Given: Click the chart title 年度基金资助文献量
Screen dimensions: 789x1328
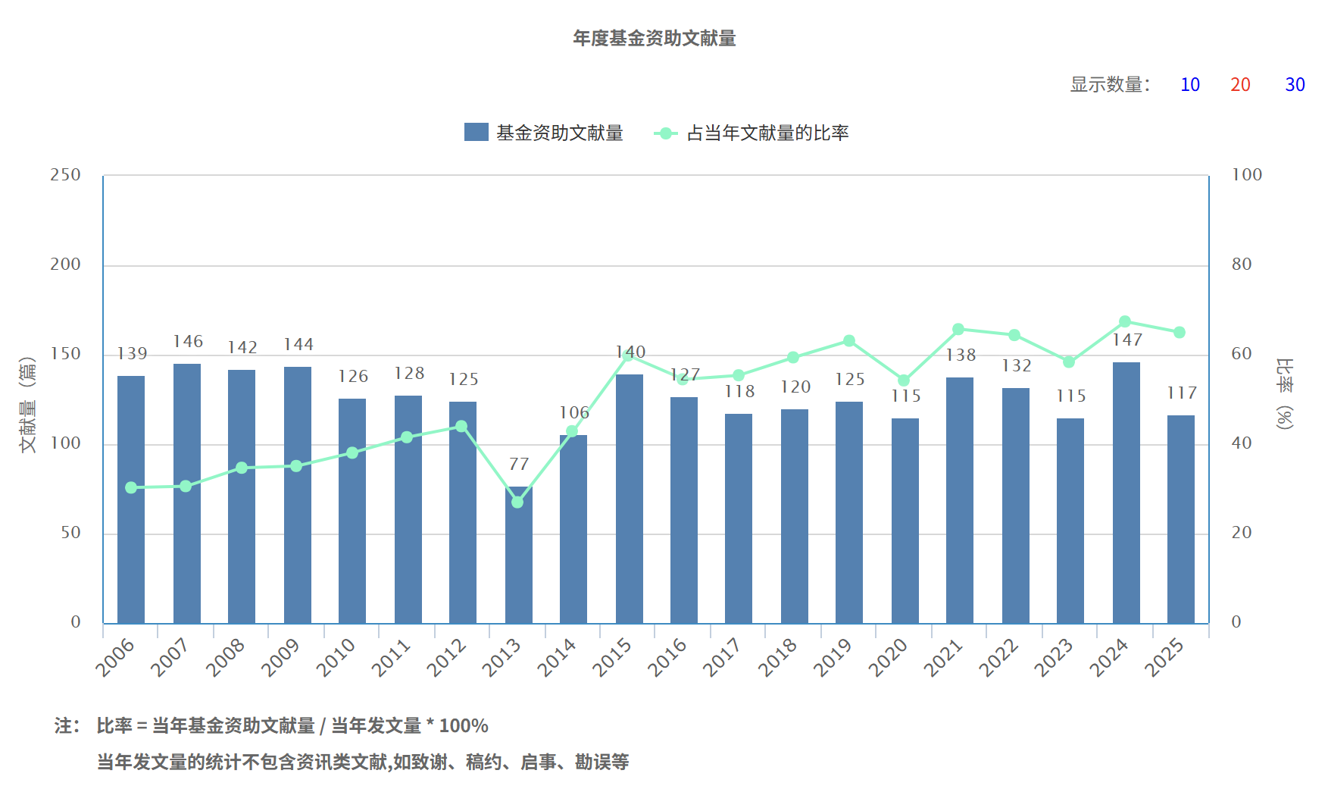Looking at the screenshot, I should (655, 38).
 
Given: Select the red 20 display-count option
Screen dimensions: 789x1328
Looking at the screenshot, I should (1240, 85).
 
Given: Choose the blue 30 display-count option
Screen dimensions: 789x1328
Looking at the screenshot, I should (1295, 85).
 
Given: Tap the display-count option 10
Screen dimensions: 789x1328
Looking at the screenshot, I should (1190, 85).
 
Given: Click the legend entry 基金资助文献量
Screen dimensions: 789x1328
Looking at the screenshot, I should (544, 133).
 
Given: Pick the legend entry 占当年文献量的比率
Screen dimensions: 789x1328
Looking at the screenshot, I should (751, 133).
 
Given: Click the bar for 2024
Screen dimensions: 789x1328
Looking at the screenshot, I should (1126, 493).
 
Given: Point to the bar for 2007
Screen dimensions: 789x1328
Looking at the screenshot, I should (187, 493).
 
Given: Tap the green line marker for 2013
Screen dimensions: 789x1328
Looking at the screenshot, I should (517, 502).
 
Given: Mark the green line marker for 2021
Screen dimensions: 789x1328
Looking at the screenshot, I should (958, 329).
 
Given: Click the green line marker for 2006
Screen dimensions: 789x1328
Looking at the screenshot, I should (131, 487).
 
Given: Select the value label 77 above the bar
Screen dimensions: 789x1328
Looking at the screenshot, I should (519, 464).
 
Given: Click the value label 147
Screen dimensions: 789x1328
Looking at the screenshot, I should (1127, 340).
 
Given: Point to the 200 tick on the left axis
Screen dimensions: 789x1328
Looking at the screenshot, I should (65, 265).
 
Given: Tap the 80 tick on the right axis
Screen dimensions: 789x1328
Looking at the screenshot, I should (1242, 265).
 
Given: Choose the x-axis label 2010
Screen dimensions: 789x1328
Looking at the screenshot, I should (336, 656).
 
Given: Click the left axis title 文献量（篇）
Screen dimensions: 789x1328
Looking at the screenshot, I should (27, 405).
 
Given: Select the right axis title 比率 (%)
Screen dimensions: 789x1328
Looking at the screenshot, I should (1285, 394).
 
